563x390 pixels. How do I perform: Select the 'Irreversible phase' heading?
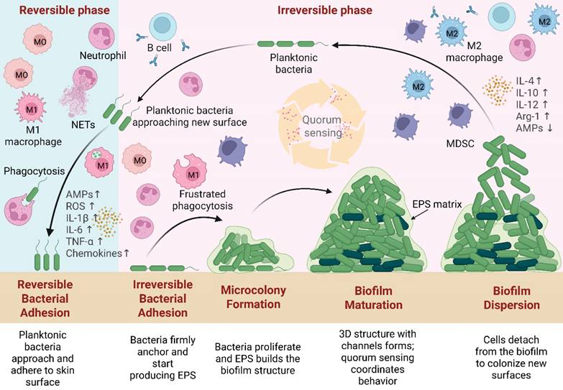(324, 10)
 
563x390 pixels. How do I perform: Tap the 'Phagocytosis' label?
(32, 172)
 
